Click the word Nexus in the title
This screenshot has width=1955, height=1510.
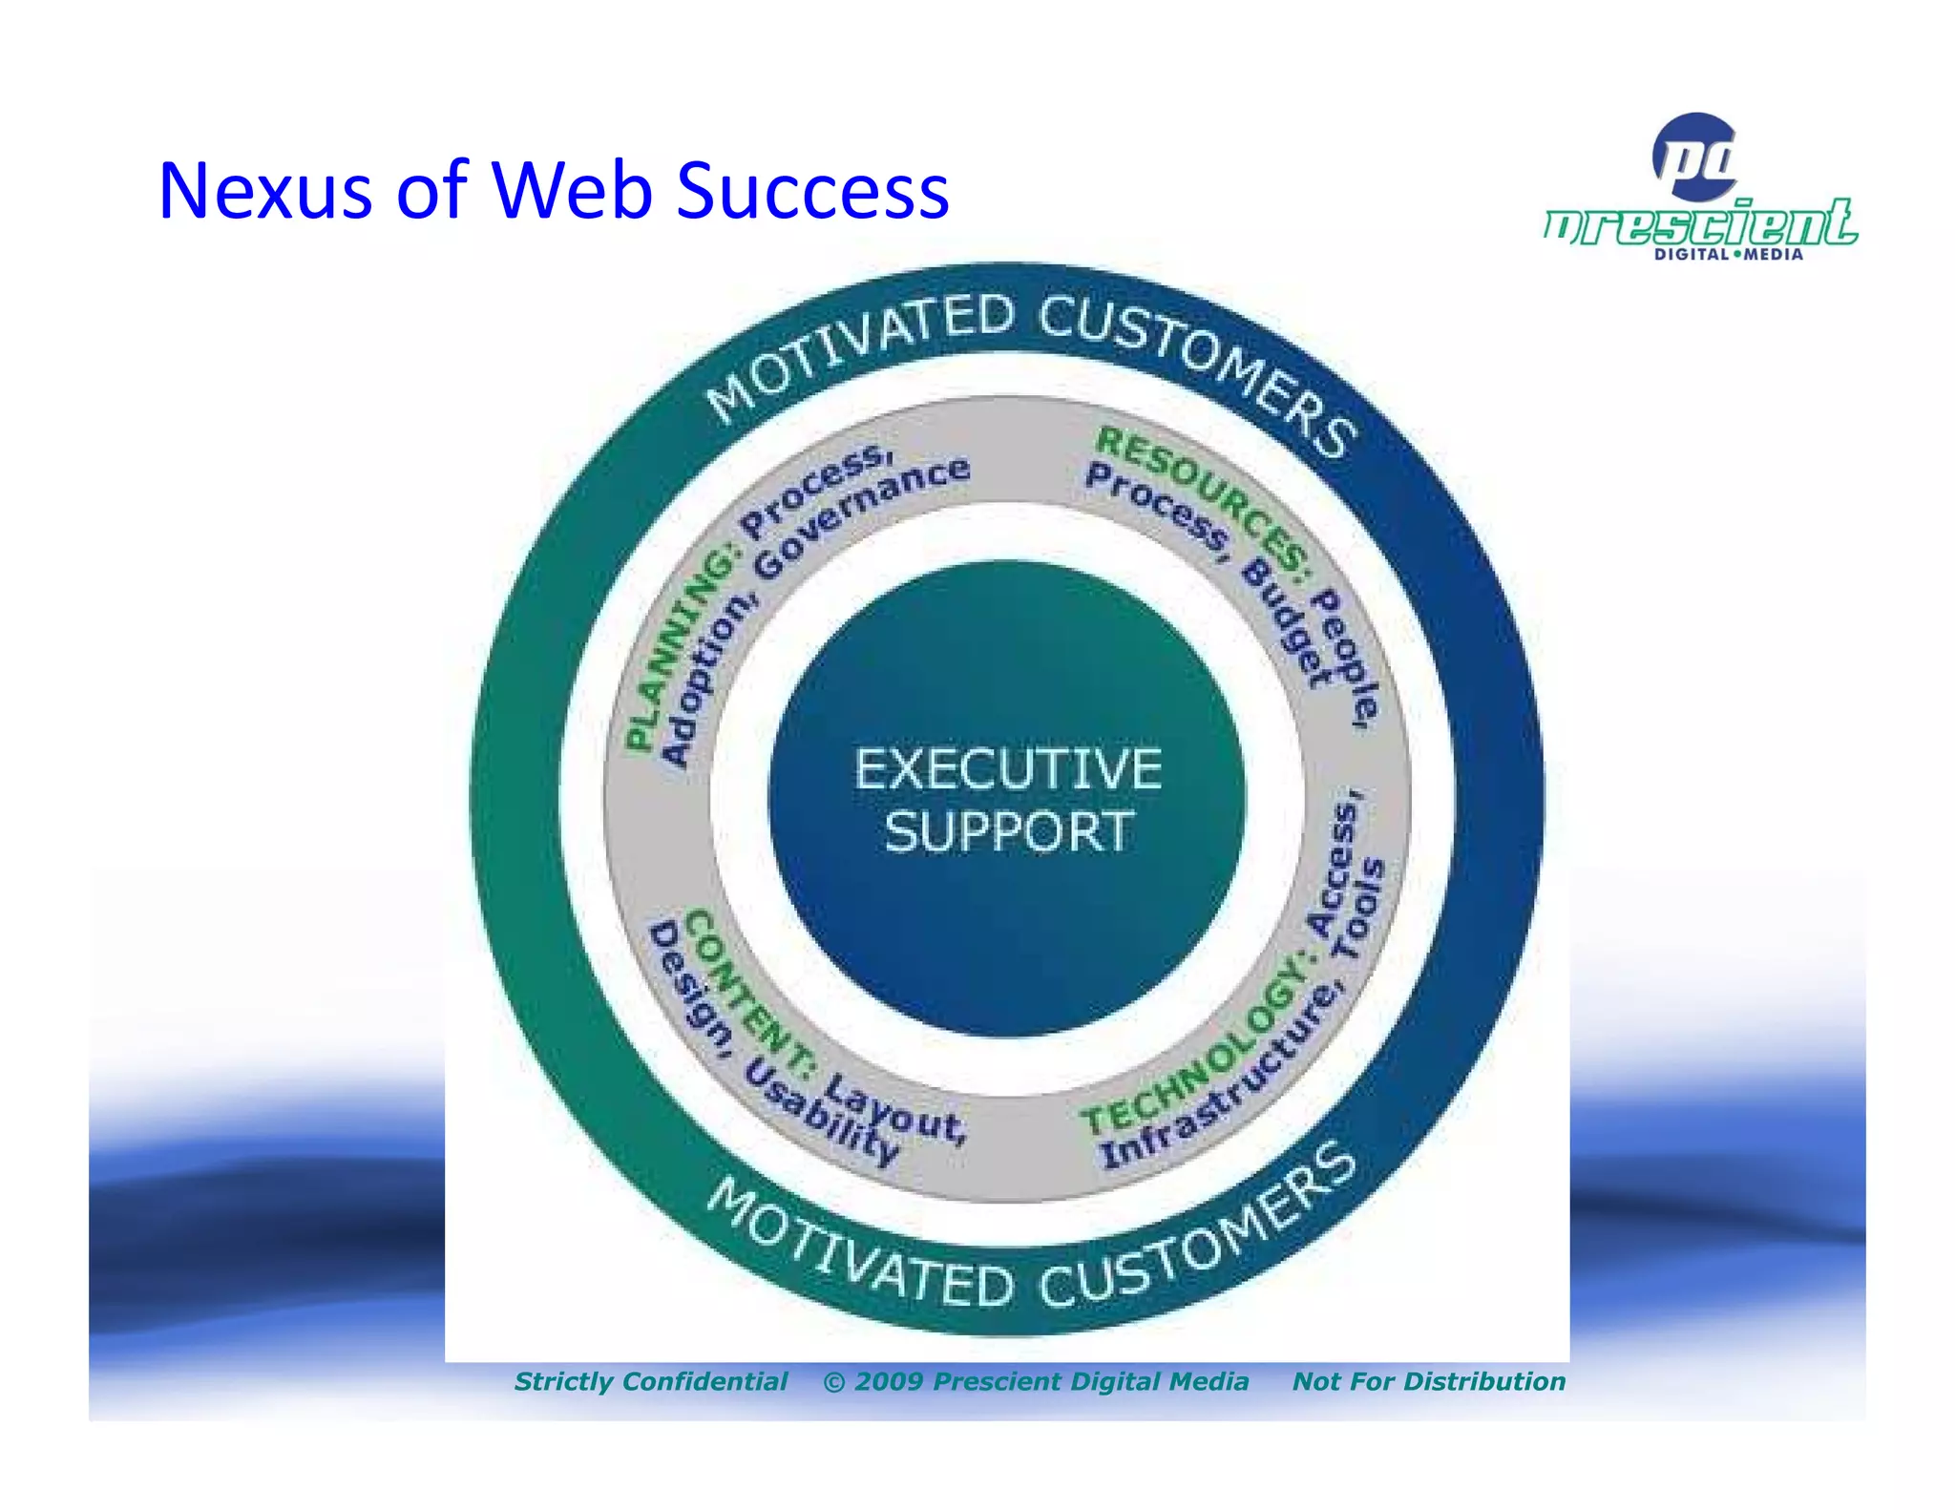[264, 191]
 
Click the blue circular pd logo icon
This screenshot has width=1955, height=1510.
[1695, 157]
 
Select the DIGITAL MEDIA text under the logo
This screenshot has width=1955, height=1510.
[1728, 255]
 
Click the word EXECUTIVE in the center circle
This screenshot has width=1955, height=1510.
[1008, 769]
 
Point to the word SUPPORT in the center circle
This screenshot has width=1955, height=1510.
[1008, 832]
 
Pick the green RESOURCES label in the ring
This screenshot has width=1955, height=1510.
[1205, 500]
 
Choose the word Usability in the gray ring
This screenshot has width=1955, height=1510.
[821, 1113]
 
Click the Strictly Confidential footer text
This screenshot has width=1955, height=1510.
[651, 1381]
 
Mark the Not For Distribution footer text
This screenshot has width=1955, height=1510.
[1428, 1381]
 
